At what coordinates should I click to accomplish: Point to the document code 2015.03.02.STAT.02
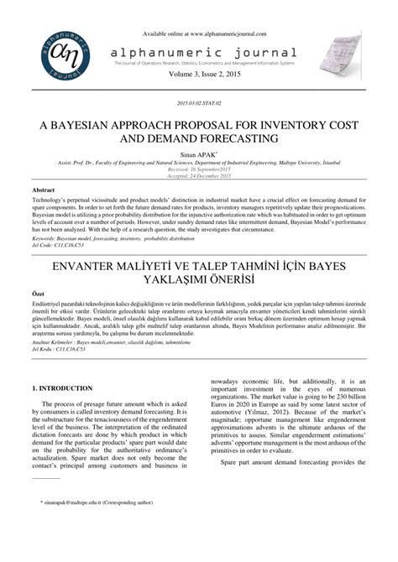(199, 101)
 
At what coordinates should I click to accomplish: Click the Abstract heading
(45, 190)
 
